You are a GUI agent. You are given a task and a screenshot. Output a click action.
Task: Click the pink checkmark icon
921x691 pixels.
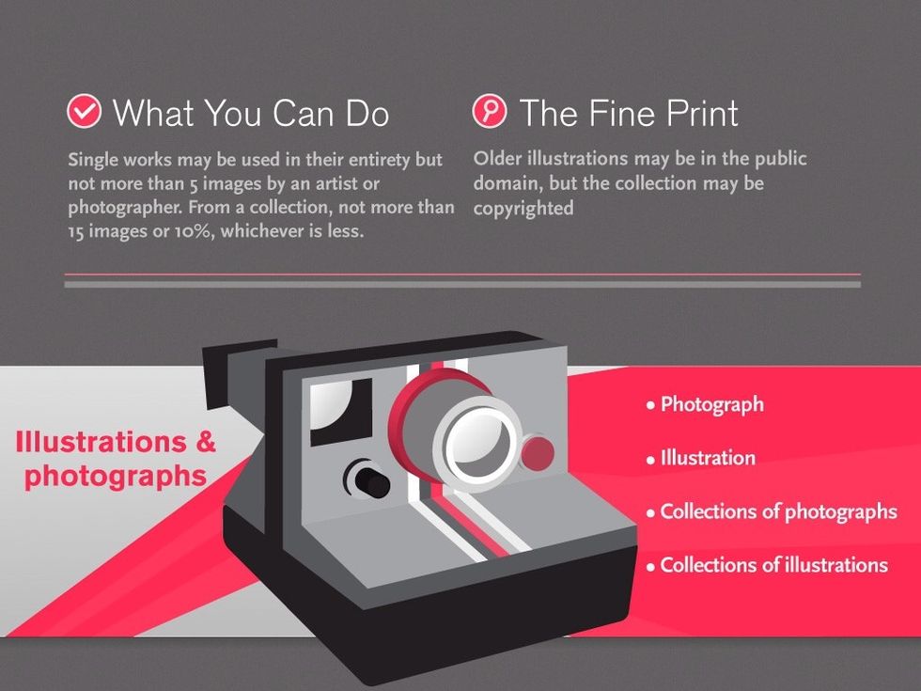click(84, 111)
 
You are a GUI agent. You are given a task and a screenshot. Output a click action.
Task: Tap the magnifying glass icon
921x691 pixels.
click(490, 111)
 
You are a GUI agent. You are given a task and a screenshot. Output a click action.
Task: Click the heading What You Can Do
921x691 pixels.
click(251, 113)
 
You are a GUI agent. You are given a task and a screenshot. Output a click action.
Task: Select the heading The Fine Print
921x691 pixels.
click(629, 113)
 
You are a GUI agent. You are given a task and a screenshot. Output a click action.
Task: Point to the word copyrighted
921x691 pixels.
click(523, 209)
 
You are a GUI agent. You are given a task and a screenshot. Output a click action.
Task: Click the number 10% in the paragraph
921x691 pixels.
click(193, 231)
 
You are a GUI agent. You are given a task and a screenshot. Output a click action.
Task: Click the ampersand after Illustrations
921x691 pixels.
click(205, 442)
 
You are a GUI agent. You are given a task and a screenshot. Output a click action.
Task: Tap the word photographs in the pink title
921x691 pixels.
click(116, 476)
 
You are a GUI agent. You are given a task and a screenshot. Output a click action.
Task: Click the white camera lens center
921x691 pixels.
click(480, 444)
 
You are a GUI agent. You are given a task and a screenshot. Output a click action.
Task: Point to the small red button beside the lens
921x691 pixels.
click(538, 453)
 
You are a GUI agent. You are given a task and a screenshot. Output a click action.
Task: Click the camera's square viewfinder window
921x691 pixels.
click(340, 411)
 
